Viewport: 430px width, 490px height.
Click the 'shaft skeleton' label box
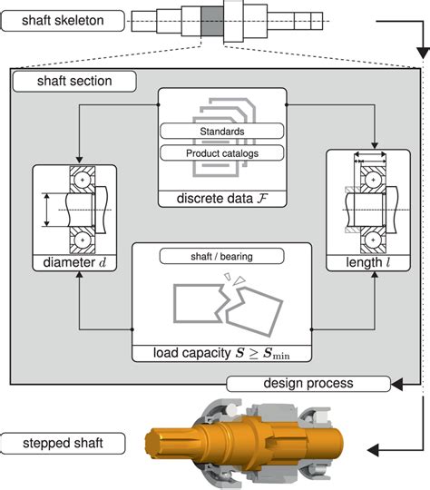coord(63,21)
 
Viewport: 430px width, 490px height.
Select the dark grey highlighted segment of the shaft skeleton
coord(212,21)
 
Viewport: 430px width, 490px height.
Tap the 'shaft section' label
coord(74,82)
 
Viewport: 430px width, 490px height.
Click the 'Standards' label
coord(222,132)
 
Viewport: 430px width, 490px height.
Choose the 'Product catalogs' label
coord(222,153)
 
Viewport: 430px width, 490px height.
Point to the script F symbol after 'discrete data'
coord(262,199)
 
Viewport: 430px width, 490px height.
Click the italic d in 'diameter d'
coord(103,262)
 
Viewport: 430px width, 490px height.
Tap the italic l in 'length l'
coord(387,262)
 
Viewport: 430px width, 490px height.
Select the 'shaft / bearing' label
coord(222,256)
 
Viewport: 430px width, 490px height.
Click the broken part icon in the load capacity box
coord(228,305)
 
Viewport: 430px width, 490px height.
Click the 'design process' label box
coord(308,384)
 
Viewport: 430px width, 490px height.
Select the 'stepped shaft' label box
coord(63,443)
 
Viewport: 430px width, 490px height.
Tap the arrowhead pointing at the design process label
coord(396,384)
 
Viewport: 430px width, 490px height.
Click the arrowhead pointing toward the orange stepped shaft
coord(373,450)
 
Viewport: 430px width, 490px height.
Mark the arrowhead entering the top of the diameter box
coord(79,160)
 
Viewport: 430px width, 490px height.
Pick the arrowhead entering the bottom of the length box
coord(375,275)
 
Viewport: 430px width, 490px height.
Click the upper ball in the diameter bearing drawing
coord(83,180)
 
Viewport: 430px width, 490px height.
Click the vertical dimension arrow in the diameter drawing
coord(46,210)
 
